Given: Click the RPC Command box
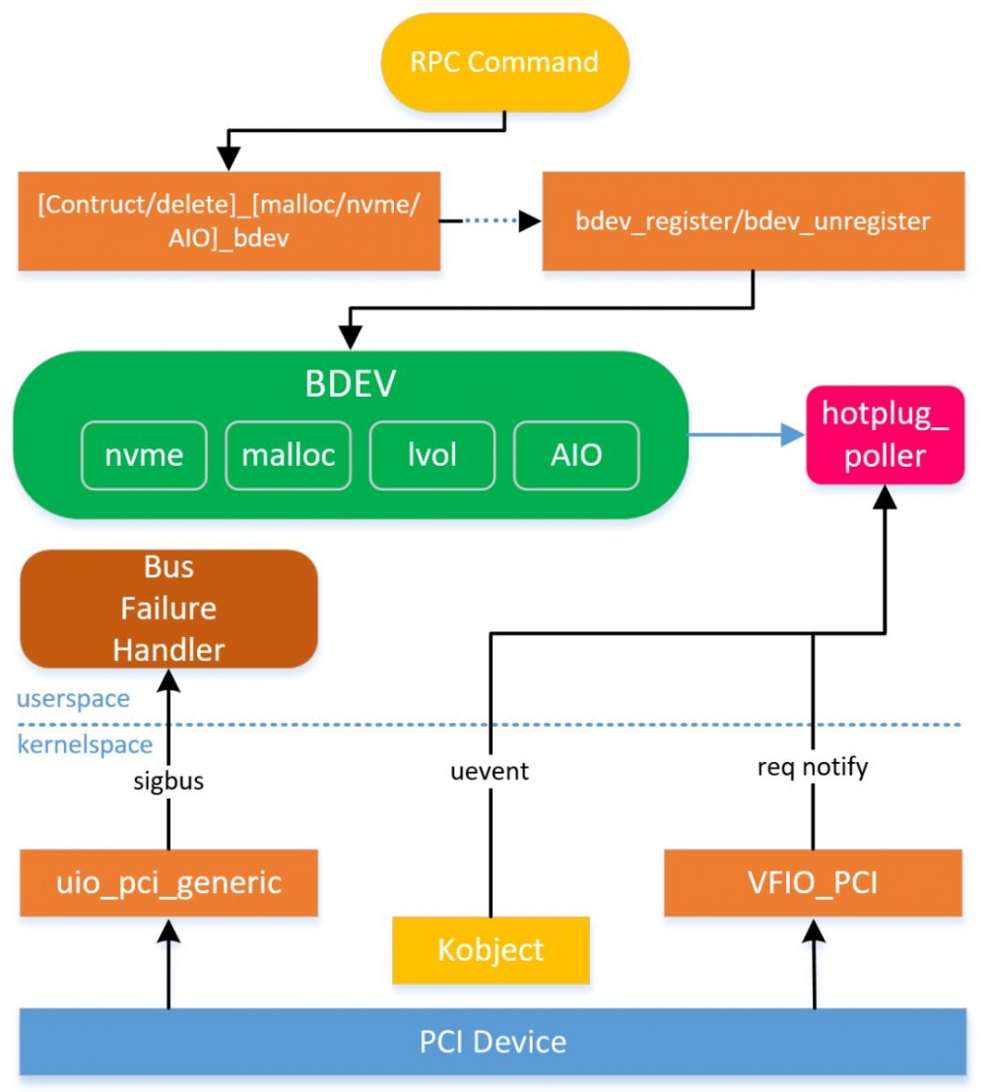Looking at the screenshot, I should (504, 62).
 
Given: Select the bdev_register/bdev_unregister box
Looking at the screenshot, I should (753, 221).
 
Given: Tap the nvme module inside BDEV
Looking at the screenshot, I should (144, 455).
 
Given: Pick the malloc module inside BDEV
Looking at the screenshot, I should (289, 455).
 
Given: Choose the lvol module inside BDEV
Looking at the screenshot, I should (432, 455).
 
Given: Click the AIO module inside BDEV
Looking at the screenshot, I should (576, 455).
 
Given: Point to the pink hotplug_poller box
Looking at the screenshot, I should (885, 435).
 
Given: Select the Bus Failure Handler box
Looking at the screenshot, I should (168, 609).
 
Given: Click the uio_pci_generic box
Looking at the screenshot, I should (168, 882).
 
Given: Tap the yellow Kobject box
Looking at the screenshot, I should (491, 950).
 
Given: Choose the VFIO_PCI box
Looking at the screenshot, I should (813, 882).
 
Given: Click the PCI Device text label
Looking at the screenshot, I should (492, 1042).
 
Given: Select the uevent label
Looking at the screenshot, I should (490, 770).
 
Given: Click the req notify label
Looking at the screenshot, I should (813, 767).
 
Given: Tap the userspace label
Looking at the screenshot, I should (72, 699).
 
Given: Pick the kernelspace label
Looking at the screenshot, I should (85, 744).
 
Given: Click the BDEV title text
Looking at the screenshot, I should (350, 384).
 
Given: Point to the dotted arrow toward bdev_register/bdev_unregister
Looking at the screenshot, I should (491, 221).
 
